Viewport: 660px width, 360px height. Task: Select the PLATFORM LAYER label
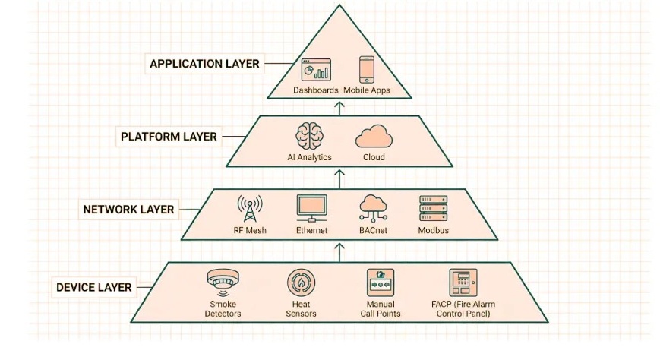[169, 137]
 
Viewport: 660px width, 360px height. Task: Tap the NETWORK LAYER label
[128, 209]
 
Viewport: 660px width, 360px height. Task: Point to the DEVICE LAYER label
[93, 287]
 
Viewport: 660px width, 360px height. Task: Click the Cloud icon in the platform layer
[373, 137]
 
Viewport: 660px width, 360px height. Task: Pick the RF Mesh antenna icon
[249, 207]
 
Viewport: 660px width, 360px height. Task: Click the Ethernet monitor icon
[311, 207]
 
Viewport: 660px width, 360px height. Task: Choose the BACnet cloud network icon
[373, 207]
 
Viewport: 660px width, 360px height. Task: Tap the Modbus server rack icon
[433, 207]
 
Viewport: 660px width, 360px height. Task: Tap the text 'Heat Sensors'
[301, 308]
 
